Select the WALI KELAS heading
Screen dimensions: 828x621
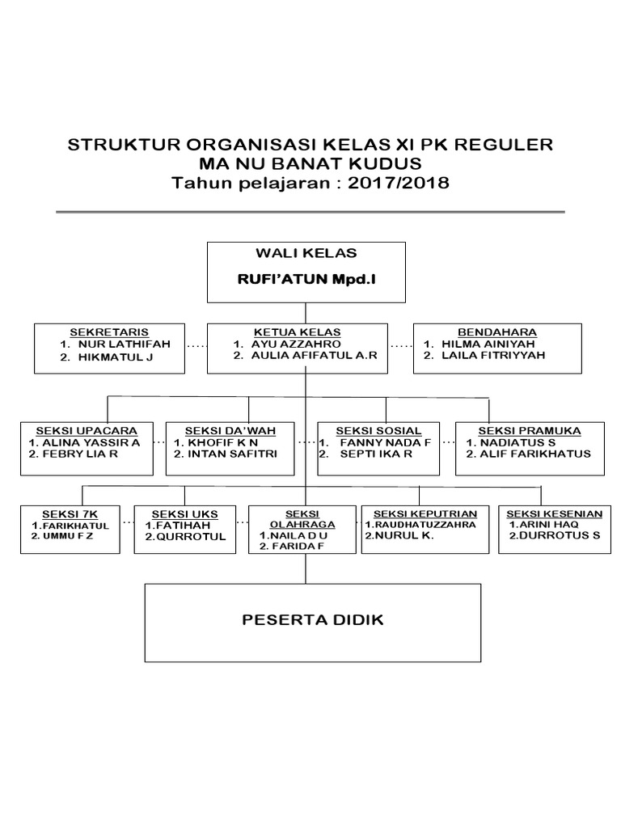coord(305,254)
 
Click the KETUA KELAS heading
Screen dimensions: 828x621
coord(297,332)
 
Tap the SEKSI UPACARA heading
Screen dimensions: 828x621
coord(87,430)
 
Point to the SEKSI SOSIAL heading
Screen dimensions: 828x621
coord(379,430)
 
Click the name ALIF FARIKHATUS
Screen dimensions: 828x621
coord(534,454)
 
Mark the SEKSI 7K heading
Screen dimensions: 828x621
coord(70,513)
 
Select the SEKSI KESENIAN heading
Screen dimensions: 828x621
coord(553,513)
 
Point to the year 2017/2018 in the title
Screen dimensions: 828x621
coord(399,183)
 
